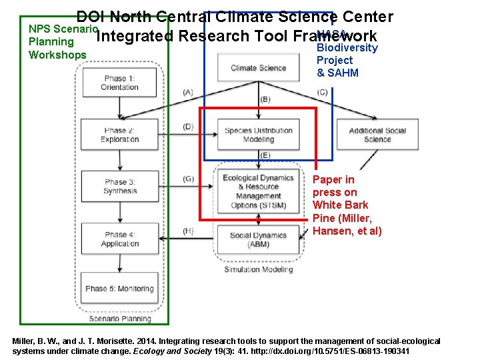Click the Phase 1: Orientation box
119,83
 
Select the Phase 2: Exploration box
119,135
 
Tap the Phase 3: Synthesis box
119,187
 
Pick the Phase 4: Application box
119,239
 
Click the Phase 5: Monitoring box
119,289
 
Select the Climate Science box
258,67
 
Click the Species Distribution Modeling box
258,135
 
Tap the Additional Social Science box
377,135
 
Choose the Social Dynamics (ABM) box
258,239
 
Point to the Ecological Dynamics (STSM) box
258,191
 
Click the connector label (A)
188,92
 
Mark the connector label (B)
265,99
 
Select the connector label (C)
322,92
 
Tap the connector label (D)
188,127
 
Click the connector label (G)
188,179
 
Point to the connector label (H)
188,231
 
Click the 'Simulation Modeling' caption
258,269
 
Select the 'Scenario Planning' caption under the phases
120,319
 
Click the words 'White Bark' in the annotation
340,205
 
